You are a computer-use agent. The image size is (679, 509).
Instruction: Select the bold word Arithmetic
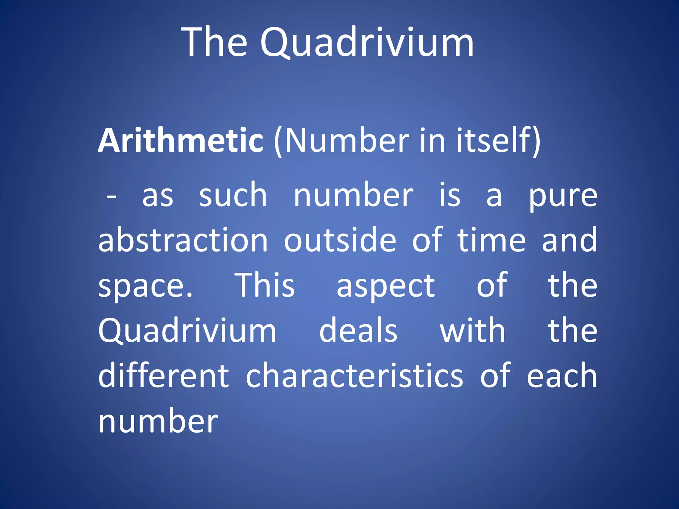[181, 141]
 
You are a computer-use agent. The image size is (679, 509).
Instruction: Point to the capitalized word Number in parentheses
[347, 141]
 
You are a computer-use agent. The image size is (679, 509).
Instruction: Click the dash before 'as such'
[111, 197]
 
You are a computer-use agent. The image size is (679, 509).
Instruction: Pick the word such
[233, 196]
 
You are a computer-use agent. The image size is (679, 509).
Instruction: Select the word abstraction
[183, 240]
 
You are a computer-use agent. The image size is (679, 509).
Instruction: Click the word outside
[340, 240]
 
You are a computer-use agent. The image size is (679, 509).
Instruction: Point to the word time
[491, 240]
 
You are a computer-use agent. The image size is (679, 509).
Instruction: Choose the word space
[145, 286]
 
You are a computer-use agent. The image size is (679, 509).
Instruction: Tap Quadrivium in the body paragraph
[187, 331]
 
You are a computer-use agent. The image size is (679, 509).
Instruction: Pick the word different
[163, 375]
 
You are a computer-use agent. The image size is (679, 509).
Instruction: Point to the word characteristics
[354, 375]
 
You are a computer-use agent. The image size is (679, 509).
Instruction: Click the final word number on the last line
[158, 422]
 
